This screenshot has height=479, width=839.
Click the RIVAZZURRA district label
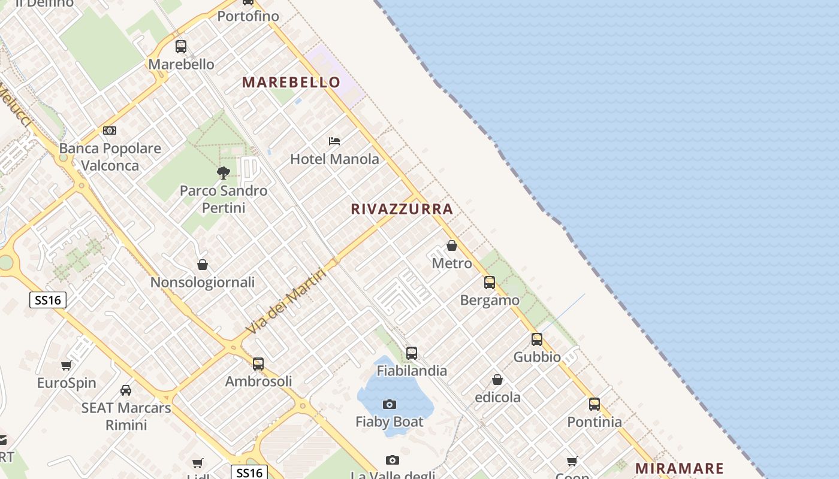(402, 209)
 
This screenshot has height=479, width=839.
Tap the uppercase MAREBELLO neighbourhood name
(291, 83)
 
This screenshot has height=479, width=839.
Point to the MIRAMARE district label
(679, 468)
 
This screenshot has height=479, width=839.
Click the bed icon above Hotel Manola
(334, 141)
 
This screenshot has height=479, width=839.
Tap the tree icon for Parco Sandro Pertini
(224, 173)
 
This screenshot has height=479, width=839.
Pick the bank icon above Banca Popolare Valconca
(110, 131)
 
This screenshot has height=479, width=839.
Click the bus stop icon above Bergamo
(490, 283)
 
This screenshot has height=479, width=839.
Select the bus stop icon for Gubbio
(537, 339)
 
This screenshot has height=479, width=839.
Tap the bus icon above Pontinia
(594, 404)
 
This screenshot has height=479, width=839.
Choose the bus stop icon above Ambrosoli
(258, 363)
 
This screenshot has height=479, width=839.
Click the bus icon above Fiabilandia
(412, 353)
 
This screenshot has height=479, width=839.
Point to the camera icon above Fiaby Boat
(390, 404)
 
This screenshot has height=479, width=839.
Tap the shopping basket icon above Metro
(452, 245)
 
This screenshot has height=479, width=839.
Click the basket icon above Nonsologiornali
(203, 265)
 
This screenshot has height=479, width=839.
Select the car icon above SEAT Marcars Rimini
(126, 390)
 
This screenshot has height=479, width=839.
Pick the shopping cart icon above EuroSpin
(67, 365)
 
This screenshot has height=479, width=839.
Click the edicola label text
(497, 397)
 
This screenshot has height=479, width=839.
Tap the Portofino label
(248, 16)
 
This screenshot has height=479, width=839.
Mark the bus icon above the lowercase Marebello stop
(181, 46)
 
